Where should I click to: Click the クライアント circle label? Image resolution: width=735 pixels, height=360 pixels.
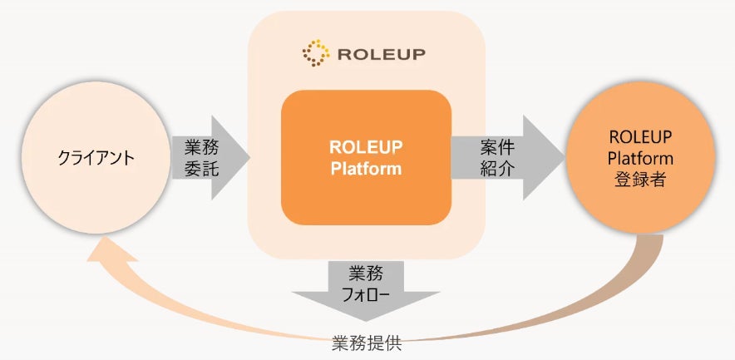click(96, 158)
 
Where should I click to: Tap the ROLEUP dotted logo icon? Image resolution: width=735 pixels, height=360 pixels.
click(315, 53)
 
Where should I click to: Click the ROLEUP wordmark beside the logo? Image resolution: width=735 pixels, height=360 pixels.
click(381, 54)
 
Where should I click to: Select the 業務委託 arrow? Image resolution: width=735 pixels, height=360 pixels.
click(210, 157)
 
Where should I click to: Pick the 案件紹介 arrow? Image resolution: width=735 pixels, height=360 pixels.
click(508, 157)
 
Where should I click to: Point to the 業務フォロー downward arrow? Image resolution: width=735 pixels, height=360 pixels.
click(366, 291)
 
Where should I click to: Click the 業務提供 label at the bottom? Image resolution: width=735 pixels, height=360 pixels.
click(367, 344)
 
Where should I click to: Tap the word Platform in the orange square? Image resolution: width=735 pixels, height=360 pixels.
click(366, 169)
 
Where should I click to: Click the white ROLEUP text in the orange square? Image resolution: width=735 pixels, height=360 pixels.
click(366, 147)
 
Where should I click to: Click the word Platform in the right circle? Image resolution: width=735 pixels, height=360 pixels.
click(640, 159)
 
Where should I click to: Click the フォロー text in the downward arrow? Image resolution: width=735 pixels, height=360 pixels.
click(366, 296)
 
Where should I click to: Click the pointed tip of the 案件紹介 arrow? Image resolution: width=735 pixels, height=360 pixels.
click(564, 157)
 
